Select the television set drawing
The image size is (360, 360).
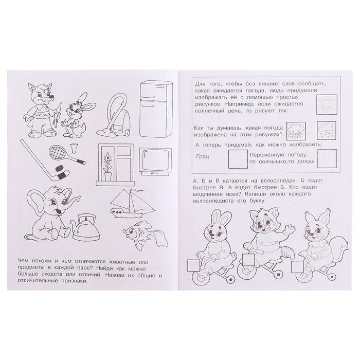pyautogui.click(x=155, y=161)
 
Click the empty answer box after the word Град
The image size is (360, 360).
pyautogui.click(x=237, y=158)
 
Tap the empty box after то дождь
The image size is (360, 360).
pyautogui.click(x=327, y=158)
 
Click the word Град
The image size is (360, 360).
pyautogui.click(x=203, y=156)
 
